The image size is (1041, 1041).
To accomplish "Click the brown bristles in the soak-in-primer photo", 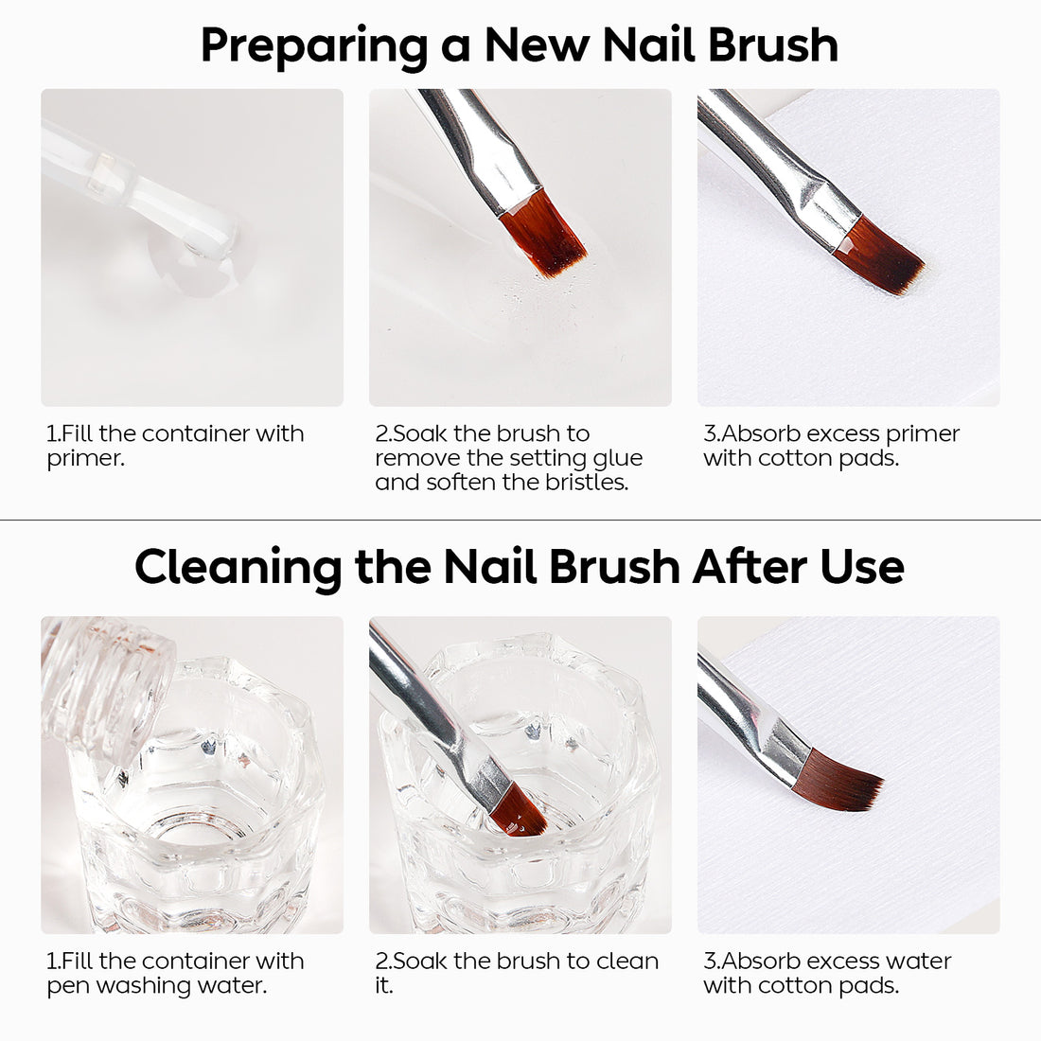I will point(543,232).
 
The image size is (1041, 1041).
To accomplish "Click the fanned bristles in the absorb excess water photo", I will point(845,779).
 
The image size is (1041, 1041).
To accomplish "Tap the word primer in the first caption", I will point(84,459).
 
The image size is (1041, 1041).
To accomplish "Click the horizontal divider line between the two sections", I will point(520,520).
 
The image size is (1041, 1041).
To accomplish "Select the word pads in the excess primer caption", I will point(869,459).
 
